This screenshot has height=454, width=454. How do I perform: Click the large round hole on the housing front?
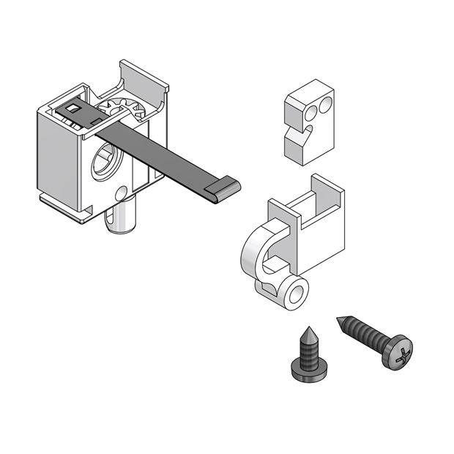pyautogui.click(x=105, y=163)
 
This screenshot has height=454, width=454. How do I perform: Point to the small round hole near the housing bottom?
pyautogui.click(x=122, y=194)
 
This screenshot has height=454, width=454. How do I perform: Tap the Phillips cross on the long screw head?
pyautogui.click(x=400, y=353)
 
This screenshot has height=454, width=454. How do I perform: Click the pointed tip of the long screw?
pyautogui.click(x=339, y=319)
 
